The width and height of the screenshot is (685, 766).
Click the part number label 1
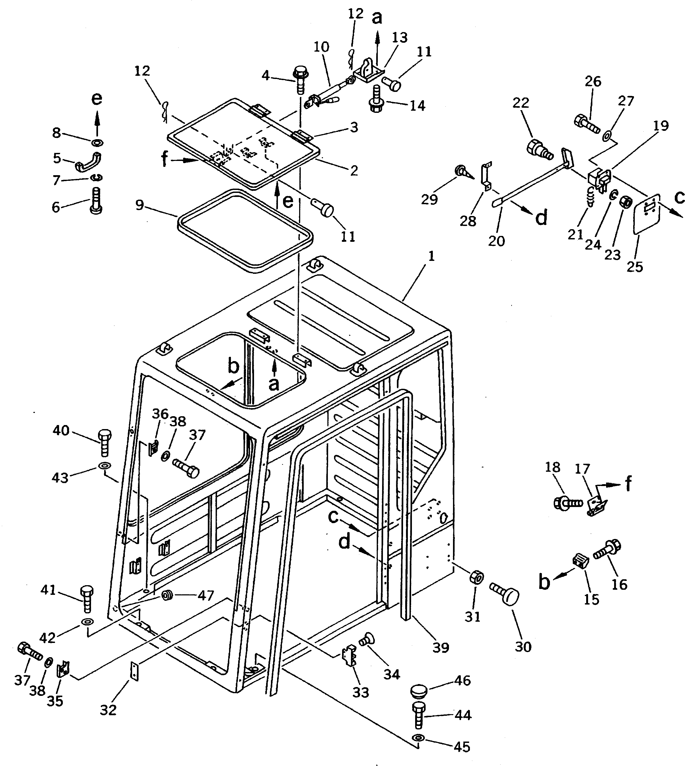tap(431, 257)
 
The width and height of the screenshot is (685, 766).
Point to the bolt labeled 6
tap(96, 200)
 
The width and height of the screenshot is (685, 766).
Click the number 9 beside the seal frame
tap(140, 206)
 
